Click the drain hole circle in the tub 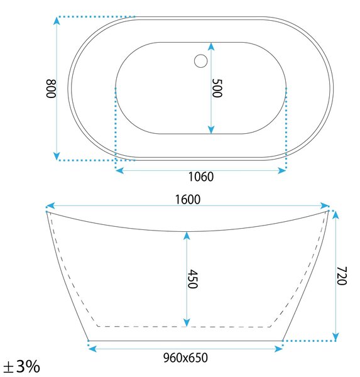(x=201, y=61)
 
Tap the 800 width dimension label (x=51, y=89)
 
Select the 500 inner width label (x=217, y=88)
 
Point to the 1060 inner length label (x=201, y=177)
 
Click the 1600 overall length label (x=188, y=200)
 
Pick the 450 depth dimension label (x=193, y=278)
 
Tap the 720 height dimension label (x=342, y=276)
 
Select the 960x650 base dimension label (x=185, y=358)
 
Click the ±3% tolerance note (x=21, y=366)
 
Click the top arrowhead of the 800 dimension (x=57, y=21)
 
